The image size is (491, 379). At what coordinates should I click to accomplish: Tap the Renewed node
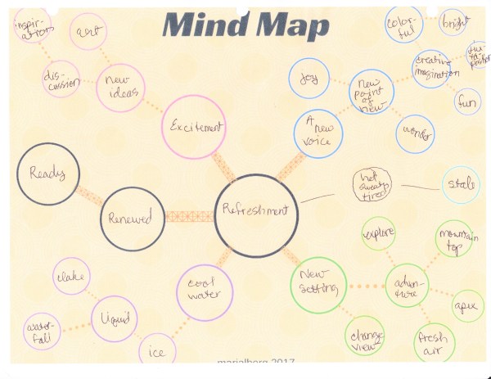point(132,219)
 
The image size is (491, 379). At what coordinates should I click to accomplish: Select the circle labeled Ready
point(47,174)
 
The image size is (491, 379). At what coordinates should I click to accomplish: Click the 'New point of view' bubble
point(372,90)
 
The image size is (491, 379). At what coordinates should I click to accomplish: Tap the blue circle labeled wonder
point(415,133)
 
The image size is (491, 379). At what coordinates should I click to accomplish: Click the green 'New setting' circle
point(314,283)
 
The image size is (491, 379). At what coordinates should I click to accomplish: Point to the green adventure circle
point(408,283)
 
